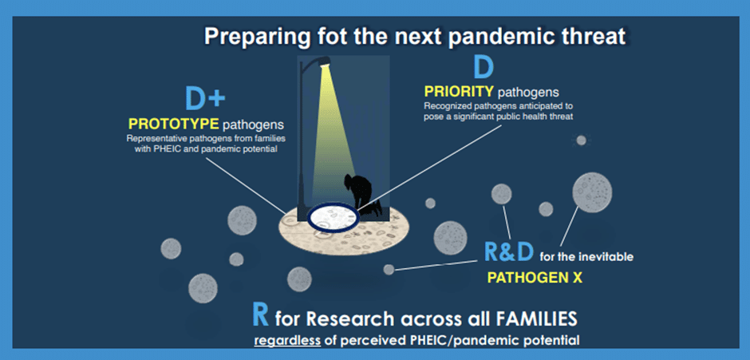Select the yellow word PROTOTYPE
pos(174,125)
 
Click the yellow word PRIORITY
pos(459,91)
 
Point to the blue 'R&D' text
pos(509,251)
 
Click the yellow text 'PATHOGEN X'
pos(535,278)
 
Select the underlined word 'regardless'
pos(287,341)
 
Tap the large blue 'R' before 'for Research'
pos(260,315)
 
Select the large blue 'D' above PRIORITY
pos(484,69)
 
